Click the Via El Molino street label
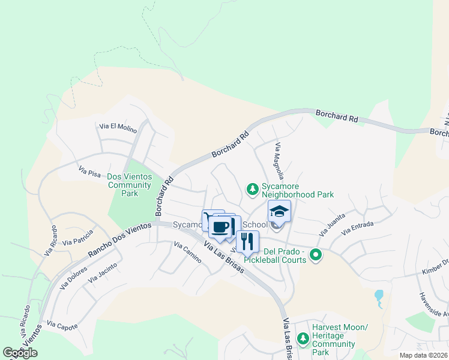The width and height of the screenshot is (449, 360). click(118, 127)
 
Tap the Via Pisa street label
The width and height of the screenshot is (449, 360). click(92, 172)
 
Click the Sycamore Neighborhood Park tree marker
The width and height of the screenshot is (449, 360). click(253, 190)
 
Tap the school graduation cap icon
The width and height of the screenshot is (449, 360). click(279, 212)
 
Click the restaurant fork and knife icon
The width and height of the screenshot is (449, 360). click(247, 241)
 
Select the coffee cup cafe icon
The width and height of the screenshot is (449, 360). click(221, 227)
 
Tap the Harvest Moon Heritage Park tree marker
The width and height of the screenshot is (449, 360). click(303, 339)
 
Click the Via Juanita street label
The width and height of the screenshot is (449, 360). click(333, 226)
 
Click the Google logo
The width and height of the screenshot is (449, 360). click(20, 353)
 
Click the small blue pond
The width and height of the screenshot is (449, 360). click(378, 296)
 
